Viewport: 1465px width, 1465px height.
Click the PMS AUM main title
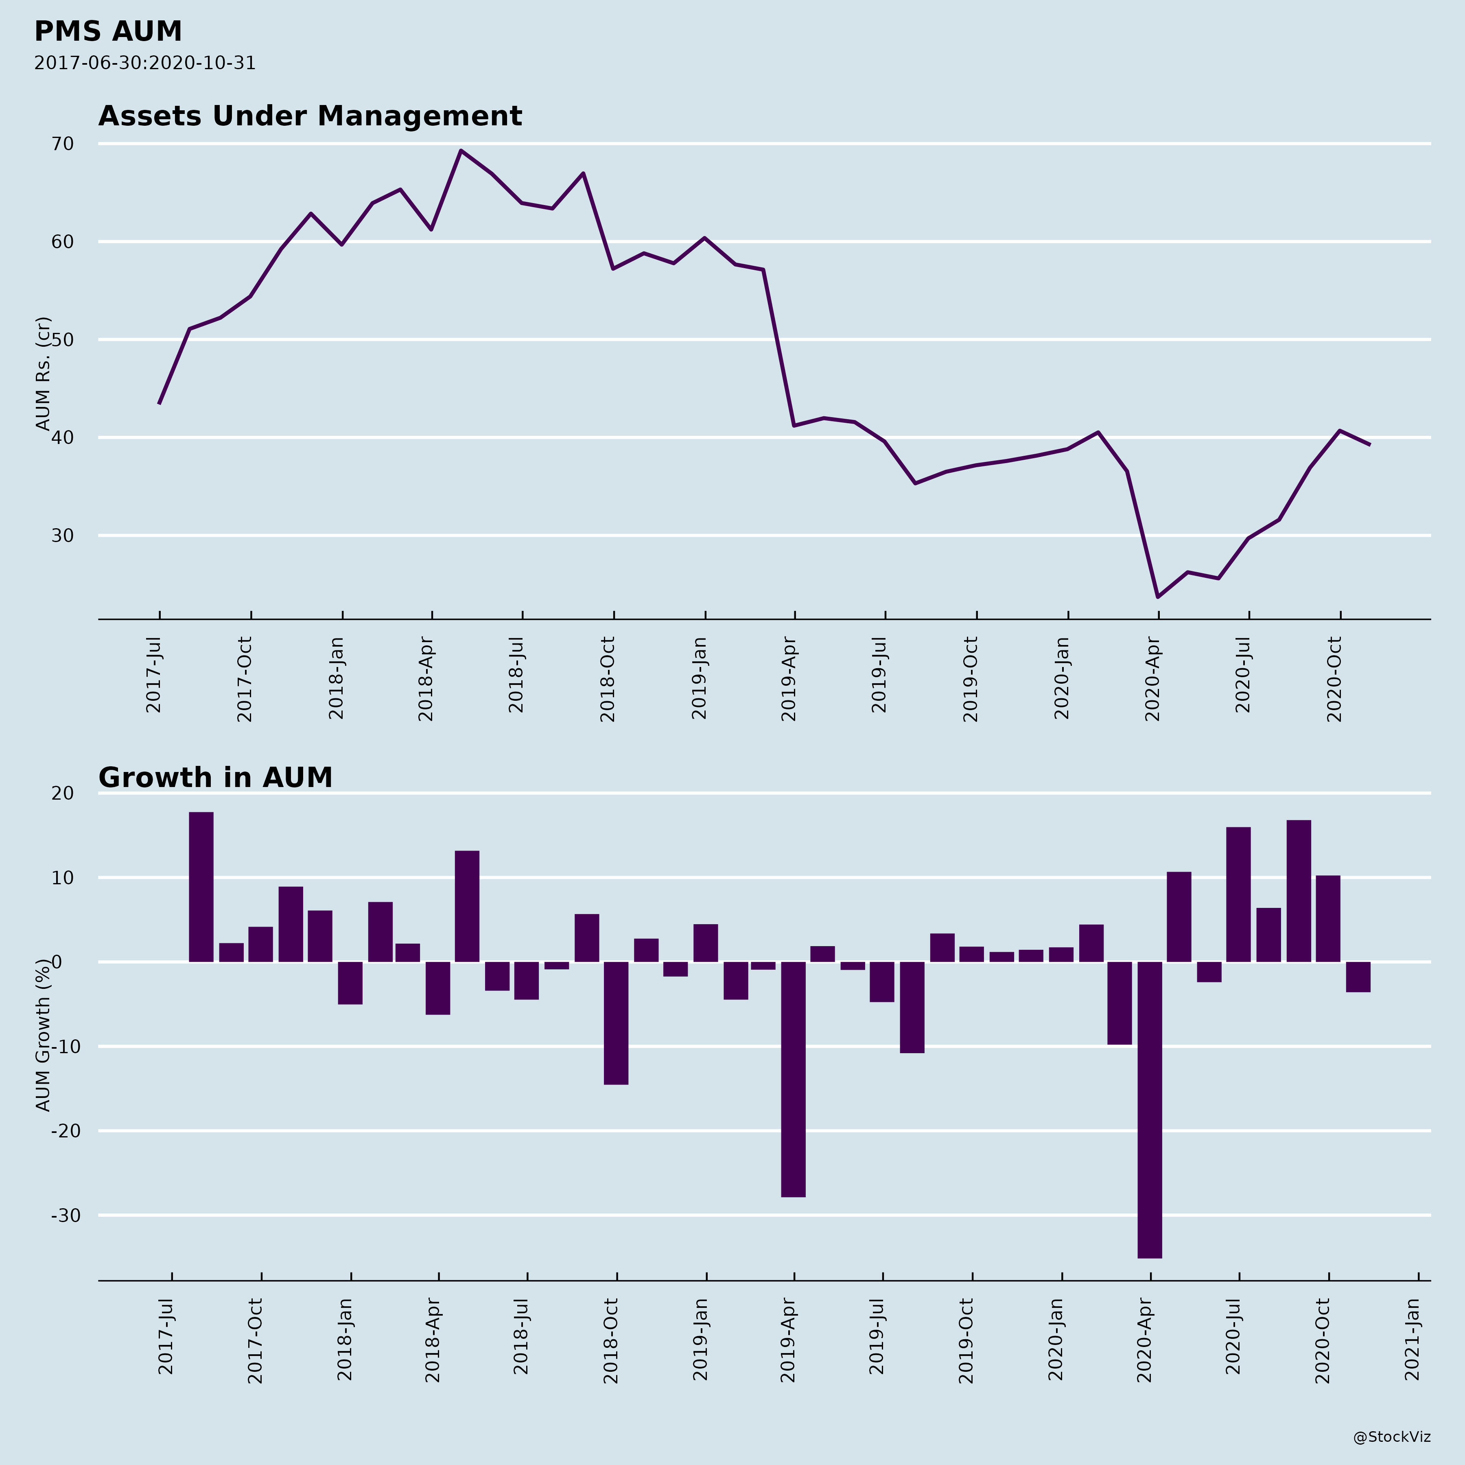(108, 32)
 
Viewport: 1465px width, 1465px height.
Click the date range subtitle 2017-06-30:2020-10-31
(145, 63)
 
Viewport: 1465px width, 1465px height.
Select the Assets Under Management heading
(310, 116)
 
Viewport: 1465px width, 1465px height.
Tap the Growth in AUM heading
(215, 778)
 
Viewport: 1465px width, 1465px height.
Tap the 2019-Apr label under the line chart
(789, 679)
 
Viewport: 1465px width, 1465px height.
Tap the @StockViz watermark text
(1392, 1437)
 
